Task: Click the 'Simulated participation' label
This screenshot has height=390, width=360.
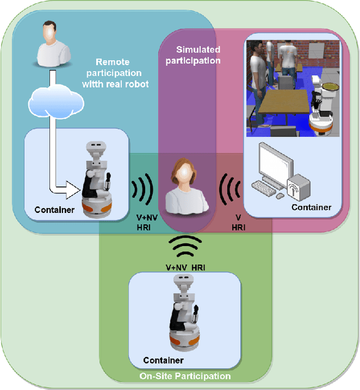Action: pos(198,55)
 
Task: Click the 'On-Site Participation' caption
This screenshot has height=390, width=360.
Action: pos(186,376)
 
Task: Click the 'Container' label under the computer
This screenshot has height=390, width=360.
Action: pos(311,207)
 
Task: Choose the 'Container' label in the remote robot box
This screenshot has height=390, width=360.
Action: pos(54,210)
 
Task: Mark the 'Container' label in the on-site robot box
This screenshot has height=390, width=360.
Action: pos(163,360)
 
